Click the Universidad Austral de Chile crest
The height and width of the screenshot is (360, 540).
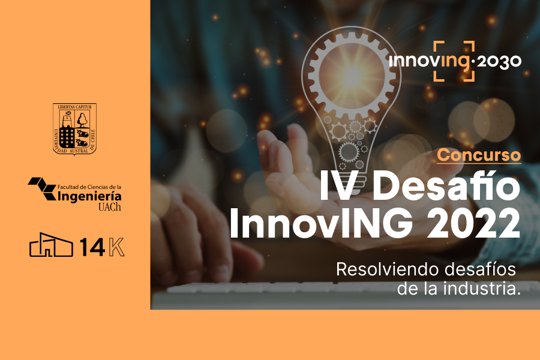[74, 129]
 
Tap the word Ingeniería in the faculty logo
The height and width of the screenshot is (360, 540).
[89, 196]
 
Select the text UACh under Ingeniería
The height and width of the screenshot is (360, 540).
[110, 206]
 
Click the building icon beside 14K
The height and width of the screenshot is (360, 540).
[51, 245]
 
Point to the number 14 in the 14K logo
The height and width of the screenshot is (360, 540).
[92, 247]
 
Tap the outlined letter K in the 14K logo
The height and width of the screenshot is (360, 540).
[116, 247]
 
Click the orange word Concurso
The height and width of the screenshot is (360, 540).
[479, 155]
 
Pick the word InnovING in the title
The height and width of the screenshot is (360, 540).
[321, 223]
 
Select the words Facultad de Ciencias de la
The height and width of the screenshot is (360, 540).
[89, 187]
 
